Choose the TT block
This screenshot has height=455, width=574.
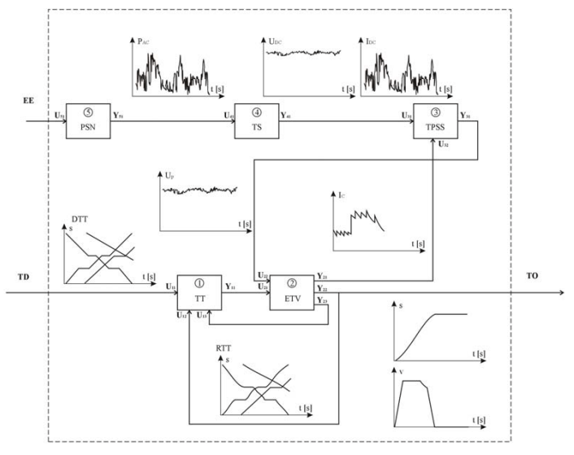[x=199, y=292]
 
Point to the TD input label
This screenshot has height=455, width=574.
[x=24, y=277]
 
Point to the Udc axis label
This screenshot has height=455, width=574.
[x=275, y=37]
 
